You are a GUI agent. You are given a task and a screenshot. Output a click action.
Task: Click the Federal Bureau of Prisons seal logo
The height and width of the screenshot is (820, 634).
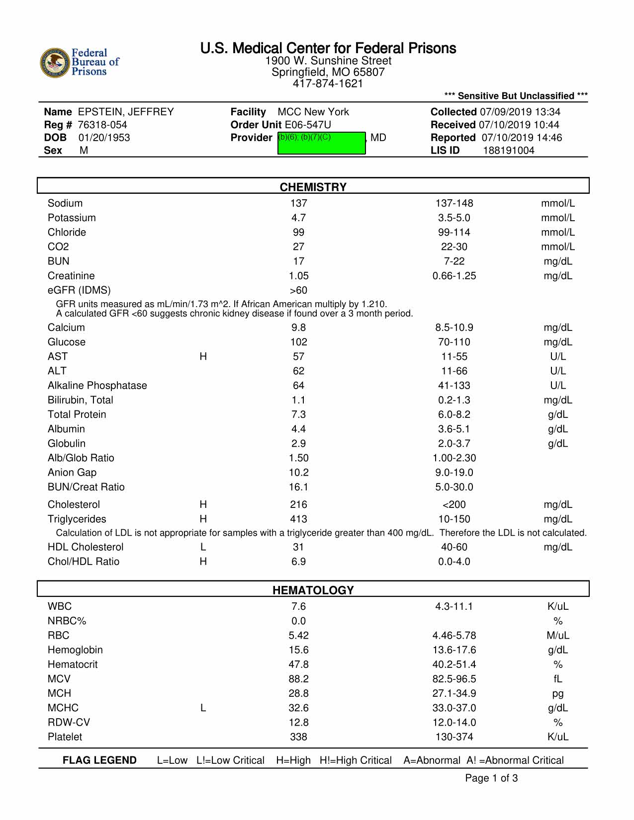55,63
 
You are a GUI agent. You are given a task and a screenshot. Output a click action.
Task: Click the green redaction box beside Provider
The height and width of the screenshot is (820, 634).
321,143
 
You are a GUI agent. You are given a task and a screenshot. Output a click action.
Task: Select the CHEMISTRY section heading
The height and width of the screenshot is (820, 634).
313,187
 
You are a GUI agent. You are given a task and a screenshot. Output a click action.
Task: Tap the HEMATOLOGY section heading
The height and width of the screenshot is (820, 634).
313,590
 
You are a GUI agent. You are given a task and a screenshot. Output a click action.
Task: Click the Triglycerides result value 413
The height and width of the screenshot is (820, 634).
298,519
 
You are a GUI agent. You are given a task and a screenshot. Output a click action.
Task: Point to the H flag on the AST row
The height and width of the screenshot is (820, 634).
203,356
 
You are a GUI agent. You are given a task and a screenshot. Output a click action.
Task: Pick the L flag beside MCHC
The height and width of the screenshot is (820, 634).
203,708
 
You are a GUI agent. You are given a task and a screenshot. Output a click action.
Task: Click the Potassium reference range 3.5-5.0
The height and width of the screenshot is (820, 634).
453,218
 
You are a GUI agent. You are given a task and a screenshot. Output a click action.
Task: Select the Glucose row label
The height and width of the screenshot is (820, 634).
67,342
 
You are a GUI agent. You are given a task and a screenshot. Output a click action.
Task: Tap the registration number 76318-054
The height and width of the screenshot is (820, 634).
102,125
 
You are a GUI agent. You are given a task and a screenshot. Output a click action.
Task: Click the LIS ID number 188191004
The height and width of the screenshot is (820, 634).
509,151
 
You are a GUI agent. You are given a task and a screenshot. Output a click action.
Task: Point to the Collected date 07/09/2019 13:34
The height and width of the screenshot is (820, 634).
520,112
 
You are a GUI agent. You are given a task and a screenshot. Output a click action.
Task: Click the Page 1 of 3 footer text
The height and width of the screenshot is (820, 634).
491,778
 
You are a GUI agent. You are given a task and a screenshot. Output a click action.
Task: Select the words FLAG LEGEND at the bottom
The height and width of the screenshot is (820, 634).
99,760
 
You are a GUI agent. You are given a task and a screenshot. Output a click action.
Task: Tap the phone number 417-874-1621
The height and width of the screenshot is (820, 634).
328,83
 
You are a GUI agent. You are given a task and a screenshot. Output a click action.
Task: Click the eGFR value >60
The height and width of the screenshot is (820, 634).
298,290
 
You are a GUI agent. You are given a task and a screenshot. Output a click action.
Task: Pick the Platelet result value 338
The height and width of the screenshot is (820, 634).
298,737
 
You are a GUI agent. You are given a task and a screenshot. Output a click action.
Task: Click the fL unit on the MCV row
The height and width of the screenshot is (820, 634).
557,679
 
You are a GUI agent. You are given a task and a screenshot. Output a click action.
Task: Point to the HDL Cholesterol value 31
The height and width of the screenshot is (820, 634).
298,547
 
